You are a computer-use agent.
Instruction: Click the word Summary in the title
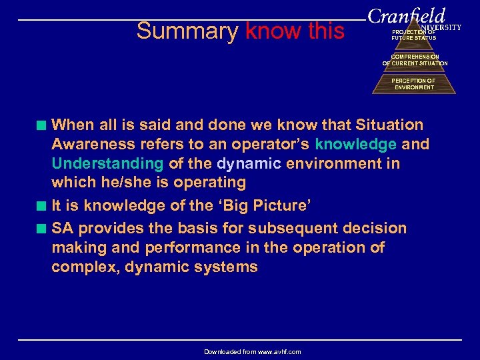tap(187, 31)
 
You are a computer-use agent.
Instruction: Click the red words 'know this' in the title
tap(295, 31)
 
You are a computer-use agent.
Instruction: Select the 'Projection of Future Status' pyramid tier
tap(413, 35)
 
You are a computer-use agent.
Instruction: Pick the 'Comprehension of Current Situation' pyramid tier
tap(414, 61)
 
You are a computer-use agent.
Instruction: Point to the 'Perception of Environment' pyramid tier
tap(413, 84)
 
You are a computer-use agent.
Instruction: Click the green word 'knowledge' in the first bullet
tap(356, 144)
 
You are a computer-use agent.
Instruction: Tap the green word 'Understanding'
tap(107, 163)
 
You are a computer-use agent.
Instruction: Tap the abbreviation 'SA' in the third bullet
tap(63, 228)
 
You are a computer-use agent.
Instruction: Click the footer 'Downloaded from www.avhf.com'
tap(253, 351)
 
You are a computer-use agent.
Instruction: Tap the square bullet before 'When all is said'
tap(43, 125)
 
